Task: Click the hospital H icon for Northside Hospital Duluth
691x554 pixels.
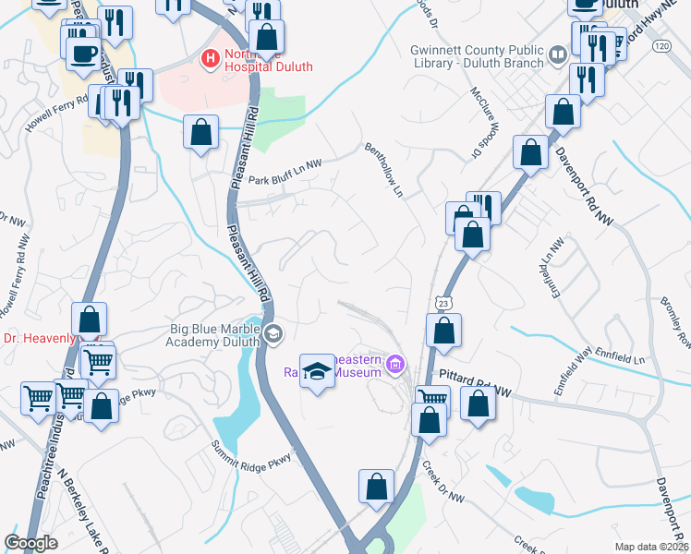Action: [210, 57]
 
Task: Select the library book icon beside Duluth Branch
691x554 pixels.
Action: [557, 54]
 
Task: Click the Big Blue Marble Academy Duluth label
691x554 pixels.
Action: [214, 334]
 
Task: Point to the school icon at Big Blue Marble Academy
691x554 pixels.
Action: [273, 333]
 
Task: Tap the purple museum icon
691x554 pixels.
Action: [397, 365]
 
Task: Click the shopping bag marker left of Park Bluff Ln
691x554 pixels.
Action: [200, 133]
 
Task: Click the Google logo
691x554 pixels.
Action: [30, 543]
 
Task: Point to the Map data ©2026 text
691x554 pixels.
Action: [650, 547]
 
